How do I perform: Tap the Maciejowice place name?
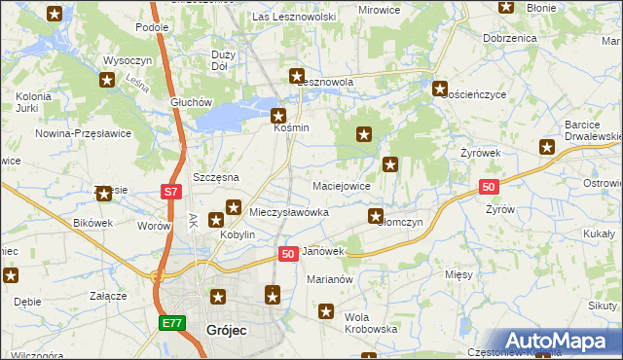tap(341, 185)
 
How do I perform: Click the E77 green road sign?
tap(171, 321)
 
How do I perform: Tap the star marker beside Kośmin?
tap(277, 115)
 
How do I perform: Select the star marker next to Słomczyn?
tap(376, 216)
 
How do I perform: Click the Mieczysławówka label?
tap(289, 211)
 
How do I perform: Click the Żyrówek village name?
tap(480, 154)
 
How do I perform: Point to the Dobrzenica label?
tap(509, 38)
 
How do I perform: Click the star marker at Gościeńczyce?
tap(440, 89)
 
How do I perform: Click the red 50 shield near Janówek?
tap(287, 253)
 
